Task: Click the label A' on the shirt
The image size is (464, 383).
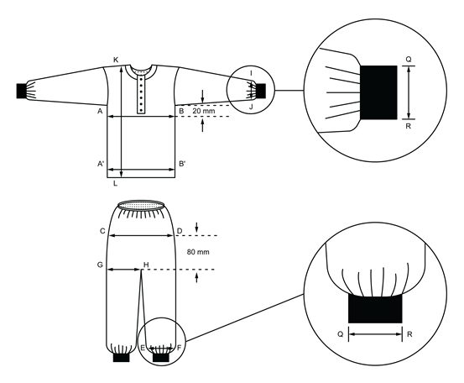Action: click(100, 165)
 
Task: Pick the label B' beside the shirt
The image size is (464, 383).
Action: click(182, 165)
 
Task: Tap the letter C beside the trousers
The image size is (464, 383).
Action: click(102, 231)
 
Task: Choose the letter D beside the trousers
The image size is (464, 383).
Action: click(179, 231)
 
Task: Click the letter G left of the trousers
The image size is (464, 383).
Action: click(100, 265)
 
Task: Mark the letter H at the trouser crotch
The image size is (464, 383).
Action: click(146, 265)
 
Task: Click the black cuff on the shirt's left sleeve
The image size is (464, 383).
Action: click(23, 88)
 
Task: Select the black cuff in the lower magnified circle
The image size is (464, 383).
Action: click(375, 308)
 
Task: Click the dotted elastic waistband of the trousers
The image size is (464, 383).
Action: click(140, 205)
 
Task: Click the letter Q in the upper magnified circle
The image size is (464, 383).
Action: click(409, 60)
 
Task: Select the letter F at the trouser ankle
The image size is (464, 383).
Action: click(178, 347)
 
